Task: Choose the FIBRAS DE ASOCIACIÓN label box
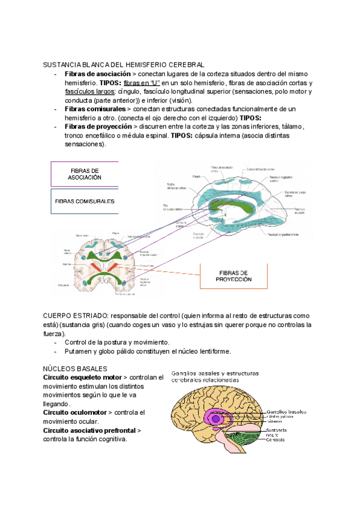click(85, 174)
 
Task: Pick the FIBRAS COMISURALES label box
click(85, 202)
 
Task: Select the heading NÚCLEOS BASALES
click(75, 368)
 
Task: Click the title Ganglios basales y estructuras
click(215, 373)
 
